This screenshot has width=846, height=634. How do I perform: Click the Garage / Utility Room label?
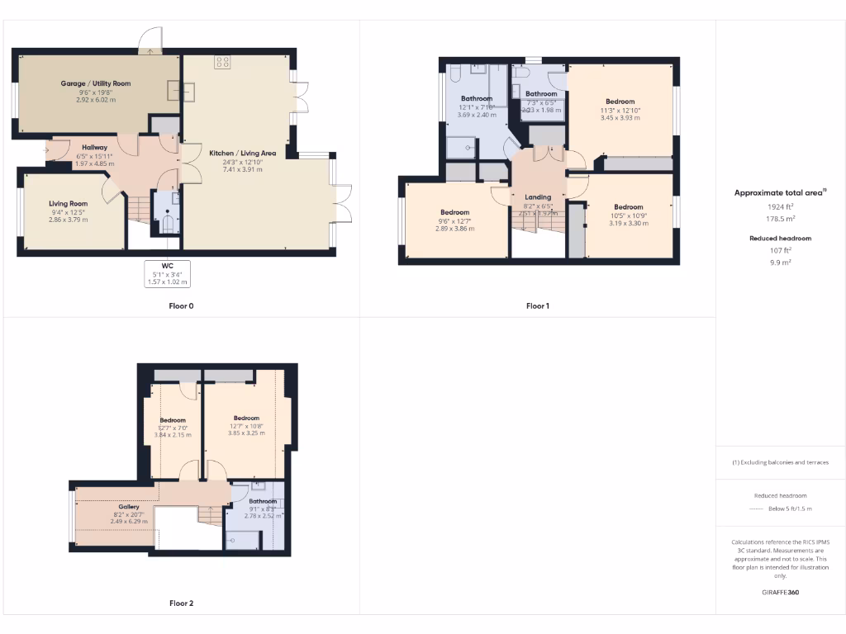tap(96, 83)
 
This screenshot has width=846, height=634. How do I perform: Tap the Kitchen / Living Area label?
tap(242, 154)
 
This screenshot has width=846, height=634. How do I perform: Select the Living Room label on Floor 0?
tap(68, 203)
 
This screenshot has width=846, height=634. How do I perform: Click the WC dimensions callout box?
tap(167, 273)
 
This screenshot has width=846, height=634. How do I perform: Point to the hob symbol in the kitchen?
tap(222, 61)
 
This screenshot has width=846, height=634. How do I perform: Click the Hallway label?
tap(94, 147)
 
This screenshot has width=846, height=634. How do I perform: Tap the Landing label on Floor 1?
tap(538, 197)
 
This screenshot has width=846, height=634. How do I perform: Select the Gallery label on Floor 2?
tap(128, 507)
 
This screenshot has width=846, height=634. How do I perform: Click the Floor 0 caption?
tap(180, 306)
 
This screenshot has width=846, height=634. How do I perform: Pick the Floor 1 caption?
tap(537, 306)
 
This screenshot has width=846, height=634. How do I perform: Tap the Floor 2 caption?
tap(180, 603)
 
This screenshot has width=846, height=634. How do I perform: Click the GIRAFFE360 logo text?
tap(781, 593)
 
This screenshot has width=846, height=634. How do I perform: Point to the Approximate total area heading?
tap(780, 193)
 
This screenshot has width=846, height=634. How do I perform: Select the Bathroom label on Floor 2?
tap(263, 501)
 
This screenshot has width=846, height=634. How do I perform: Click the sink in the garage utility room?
tap(183, 90)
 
